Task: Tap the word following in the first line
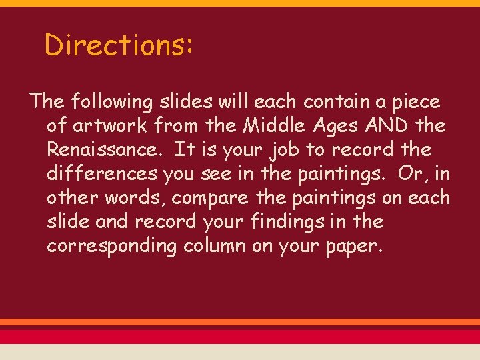[112, 102]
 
